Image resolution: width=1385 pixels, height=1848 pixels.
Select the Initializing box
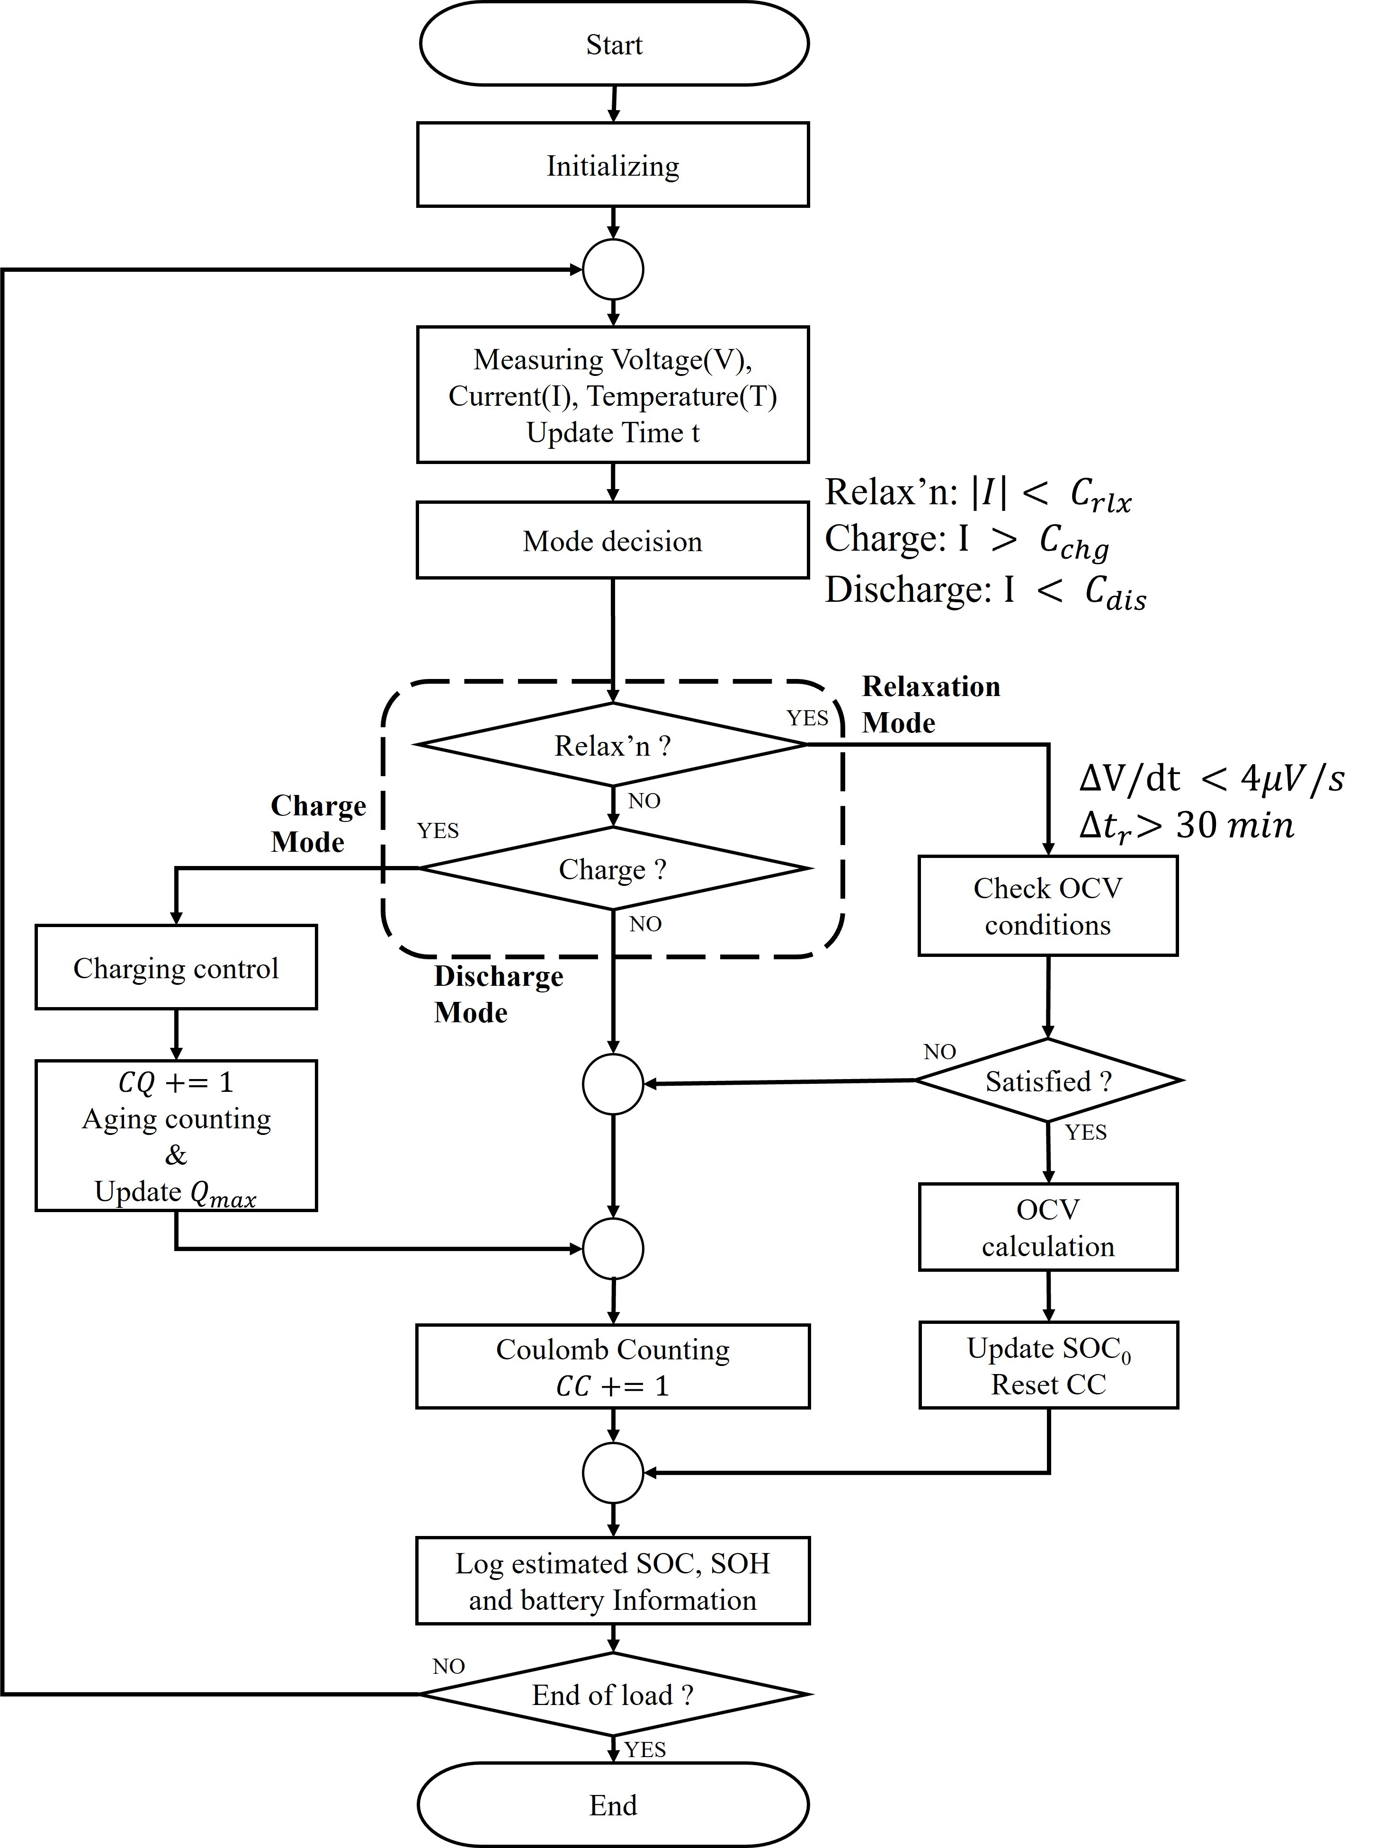(x=613, y=165)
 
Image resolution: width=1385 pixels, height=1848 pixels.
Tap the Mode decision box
(x=613, y=541)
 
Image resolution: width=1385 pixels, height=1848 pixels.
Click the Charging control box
(x=175, y=967)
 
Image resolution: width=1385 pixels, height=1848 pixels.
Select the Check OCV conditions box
(x=1047, y=906)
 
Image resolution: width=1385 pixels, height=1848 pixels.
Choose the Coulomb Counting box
(x=613, y=1367)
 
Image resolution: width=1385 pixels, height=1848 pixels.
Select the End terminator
(x=613, y=1804)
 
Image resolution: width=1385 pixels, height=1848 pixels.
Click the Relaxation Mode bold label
(x=930, y=704)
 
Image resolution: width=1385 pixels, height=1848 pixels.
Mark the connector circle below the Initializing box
(x=613, y=269)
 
